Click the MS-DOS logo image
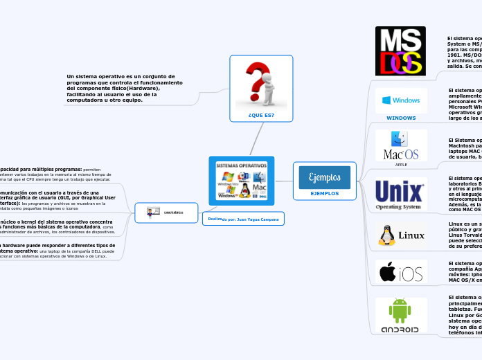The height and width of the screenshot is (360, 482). (x=400, y=51)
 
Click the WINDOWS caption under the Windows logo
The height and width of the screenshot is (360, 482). (x=401, y=118)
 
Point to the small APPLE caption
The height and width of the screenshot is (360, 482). (x=401, y=165)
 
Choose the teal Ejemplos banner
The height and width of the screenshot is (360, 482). (x=324, y=177)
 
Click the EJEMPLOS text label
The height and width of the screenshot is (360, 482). (x=324, y=194)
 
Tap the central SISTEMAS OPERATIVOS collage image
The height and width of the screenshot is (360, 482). (x=241, y=181)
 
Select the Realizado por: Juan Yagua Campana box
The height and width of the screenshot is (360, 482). (x=242, y=219)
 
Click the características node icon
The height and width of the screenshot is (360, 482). (x=154, y=212)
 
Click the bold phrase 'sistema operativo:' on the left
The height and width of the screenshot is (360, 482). (x=18, y=251)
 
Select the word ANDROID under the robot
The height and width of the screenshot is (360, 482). (x=400, y=330)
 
